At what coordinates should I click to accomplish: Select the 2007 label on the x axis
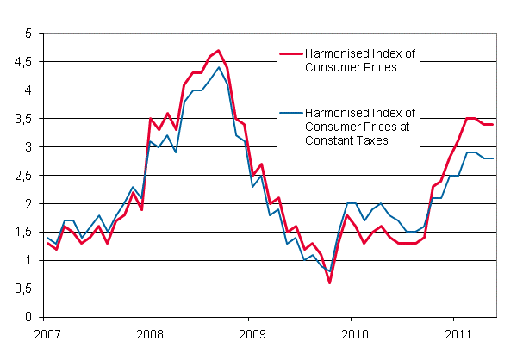[48, 333]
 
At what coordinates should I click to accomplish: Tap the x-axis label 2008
[150, 333]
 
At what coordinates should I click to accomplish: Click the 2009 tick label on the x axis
[252, 333]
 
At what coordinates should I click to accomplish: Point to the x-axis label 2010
[353, 333]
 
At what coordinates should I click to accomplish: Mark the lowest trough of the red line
[329, 283]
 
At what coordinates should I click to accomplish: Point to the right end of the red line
[491, 125]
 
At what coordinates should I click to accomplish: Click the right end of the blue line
[491, 158]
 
